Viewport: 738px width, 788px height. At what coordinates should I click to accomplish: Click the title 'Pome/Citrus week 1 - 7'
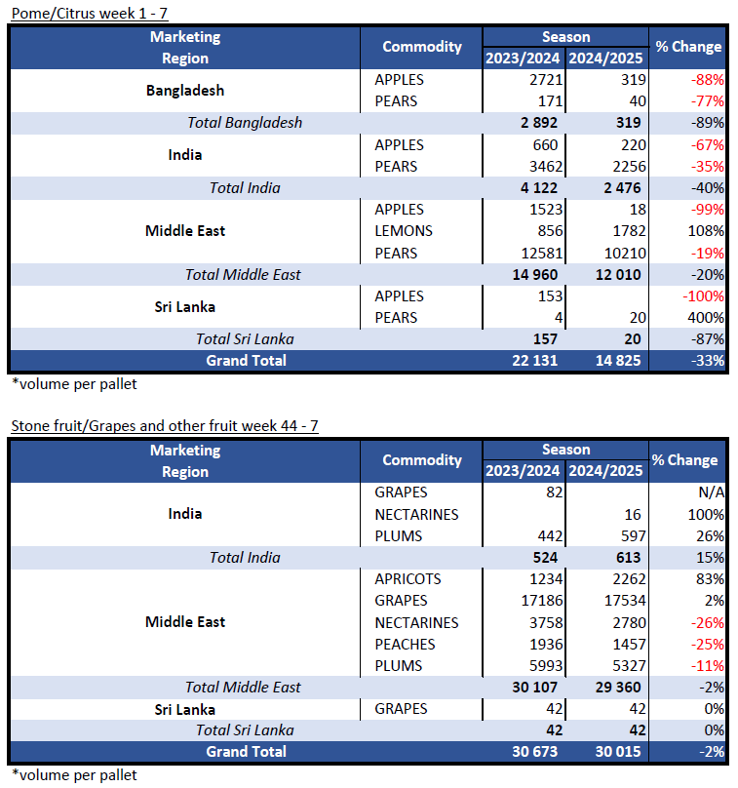(x=90, y=13)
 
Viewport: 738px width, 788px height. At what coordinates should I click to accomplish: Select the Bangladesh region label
(x=185, y=91)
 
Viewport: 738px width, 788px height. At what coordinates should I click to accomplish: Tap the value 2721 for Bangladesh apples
(x=546, y=79)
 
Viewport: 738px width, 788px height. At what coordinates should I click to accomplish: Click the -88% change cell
(x=707, y=79)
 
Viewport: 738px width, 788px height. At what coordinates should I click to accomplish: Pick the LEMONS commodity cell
(x=404, y=231)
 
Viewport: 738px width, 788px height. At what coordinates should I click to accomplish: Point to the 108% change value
(x=706, y=231)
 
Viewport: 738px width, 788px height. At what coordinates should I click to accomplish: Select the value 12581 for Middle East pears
(x=542, y=253)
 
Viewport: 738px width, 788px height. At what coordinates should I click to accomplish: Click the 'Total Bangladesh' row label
(x=245, y=123)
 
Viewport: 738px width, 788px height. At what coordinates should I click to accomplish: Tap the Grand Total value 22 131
(x=534, y=360)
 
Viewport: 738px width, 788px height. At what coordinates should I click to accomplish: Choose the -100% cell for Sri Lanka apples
(x=703, y=296)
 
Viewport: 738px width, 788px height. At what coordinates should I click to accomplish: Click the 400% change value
(x=706, y=318)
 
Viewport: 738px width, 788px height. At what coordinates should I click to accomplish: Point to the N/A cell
(x=712, y=492)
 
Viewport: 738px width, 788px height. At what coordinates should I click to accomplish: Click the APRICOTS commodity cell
(x=408, y=579)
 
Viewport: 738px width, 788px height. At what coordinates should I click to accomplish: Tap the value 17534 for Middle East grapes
(x=625, y=601)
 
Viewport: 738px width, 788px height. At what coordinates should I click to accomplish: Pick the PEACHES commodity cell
(x=405, y=645)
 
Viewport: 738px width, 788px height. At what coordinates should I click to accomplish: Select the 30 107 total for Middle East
(x=534, y=687)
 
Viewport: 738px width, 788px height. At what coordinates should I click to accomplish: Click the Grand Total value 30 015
(x=618, y=751)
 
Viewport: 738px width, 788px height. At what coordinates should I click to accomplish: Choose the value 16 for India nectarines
(x=633, y=515)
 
